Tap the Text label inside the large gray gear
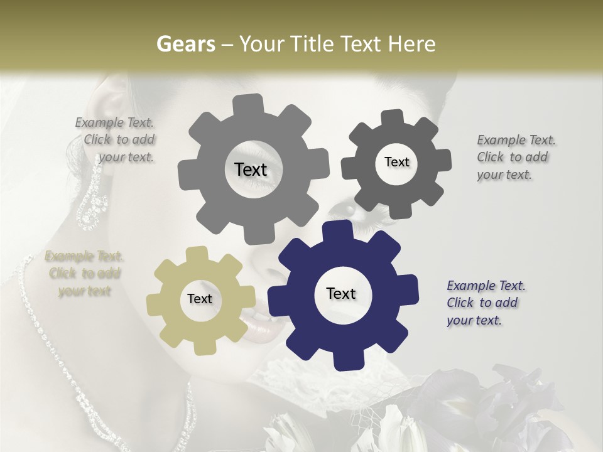point(251,169)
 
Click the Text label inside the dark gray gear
point(396,162)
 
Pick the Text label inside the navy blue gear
point(341,294)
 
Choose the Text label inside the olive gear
point(200,299)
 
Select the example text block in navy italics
point(486,303)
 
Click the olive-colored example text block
point(84,273)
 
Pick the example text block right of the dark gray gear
point(516,157)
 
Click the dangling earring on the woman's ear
point(92,195)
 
